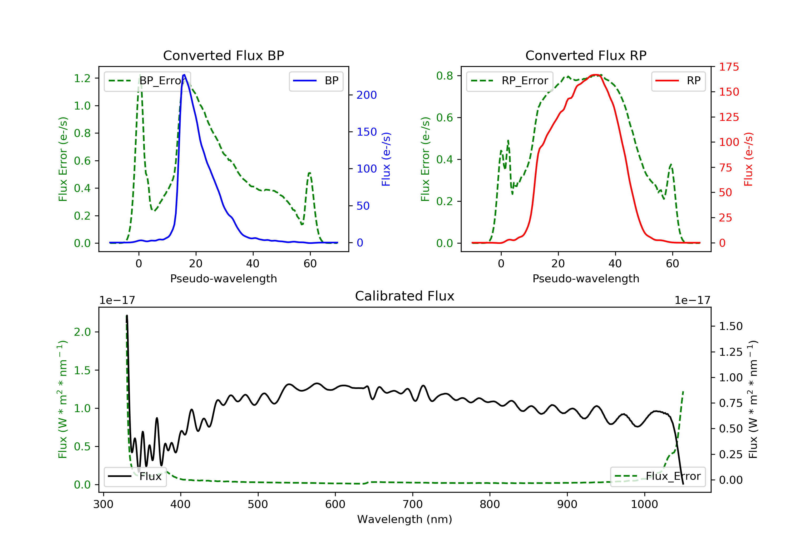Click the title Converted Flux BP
[x=224, y=55]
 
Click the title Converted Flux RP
[x=586, y=55]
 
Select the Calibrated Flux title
[x=405, y=296]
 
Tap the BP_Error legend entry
[x=147, y=81]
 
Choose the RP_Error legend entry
[x=510, y=81]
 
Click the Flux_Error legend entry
[x=658, y=476]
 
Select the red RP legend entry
[x=678, y=81]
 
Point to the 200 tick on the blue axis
[x=367, y=95]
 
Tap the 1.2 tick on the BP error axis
[x=82, y=78]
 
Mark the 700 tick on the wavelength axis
[x=413, y=505]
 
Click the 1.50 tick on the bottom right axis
[x=731, y=326]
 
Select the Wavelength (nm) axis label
[x=405, y=519]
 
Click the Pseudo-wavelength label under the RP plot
[x=586, y=278]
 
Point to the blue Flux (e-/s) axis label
[x=386, y=159]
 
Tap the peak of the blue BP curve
[x=184, y=75]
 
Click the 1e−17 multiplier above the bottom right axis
[x=692, y=300]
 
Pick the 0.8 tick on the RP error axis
[x=445, y=76]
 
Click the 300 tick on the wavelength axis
[x=103, y=505]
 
